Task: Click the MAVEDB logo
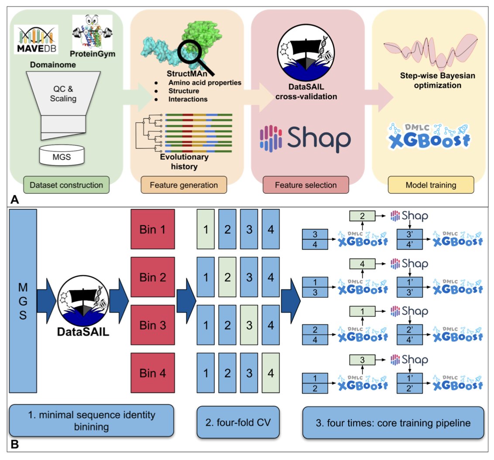point(36,39)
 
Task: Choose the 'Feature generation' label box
point(185,185)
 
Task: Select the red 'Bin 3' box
point(153,325)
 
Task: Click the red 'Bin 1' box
point(153,229)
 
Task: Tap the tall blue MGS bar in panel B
point(23,302)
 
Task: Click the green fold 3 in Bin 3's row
point(249,325)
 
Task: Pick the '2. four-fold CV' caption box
point(237,422)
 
